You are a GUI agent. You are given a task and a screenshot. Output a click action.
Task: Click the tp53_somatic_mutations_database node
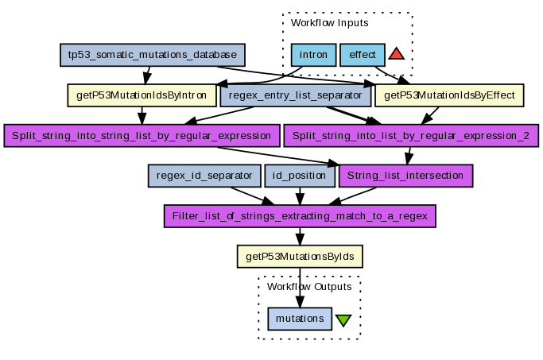coord(153,56)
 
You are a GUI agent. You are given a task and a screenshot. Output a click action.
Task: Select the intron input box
coord(313,56)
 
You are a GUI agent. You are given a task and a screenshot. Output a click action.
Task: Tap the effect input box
coord(363,56)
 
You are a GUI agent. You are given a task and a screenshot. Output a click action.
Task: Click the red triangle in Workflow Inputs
coord(397,54)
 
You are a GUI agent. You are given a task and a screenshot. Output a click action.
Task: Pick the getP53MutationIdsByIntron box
coord(143,95)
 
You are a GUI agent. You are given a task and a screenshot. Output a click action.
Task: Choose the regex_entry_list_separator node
coord(296,95)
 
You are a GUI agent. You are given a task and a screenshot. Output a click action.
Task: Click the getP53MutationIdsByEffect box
coord(449,95)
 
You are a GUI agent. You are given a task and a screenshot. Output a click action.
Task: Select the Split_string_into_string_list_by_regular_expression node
coord(142,134)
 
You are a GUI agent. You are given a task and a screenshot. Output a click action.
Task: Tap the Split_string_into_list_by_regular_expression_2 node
coord(411,134)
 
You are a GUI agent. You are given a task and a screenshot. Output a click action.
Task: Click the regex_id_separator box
coord(204,175)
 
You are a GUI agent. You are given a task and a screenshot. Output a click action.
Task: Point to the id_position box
coord(300,175)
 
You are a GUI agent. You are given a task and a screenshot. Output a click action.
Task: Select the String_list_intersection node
coord(406,175)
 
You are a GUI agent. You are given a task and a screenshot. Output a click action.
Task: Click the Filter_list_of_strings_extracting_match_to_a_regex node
coord(300,215)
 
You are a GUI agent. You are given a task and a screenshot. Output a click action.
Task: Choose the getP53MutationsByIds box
coord(300,256)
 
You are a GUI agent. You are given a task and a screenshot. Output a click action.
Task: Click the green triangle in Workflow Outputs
coord(343,320)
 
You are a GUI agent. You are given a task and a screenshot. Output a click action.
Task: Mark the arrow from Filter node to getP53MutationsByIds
coord(300,236)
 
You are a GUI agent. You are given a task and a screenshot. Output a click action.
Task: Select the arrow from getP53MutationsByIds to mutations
coord(300,287)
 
